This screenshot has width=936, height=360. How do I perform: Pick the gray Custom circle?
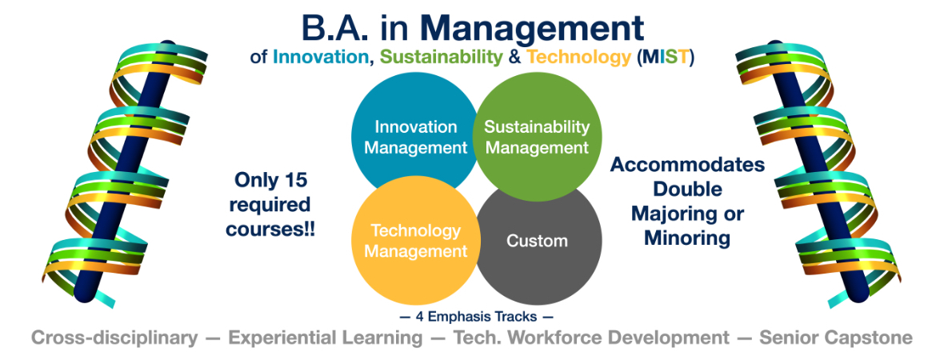[537, 241]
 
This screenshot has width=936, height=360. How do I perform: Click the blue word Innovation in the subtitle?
[318, 58]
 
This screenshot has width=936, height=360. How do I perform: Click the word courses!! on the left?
[270, 230]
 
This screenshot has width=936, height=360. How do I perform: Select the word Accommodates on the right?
[687, 164]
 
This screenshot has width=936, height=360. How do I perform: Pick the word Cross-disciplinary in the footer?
[114, 338]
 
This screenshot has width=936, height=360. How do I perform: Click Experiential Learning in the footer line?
[326, 338]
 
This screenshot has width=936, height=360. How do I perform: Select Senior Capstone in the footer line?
[836, 338]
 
